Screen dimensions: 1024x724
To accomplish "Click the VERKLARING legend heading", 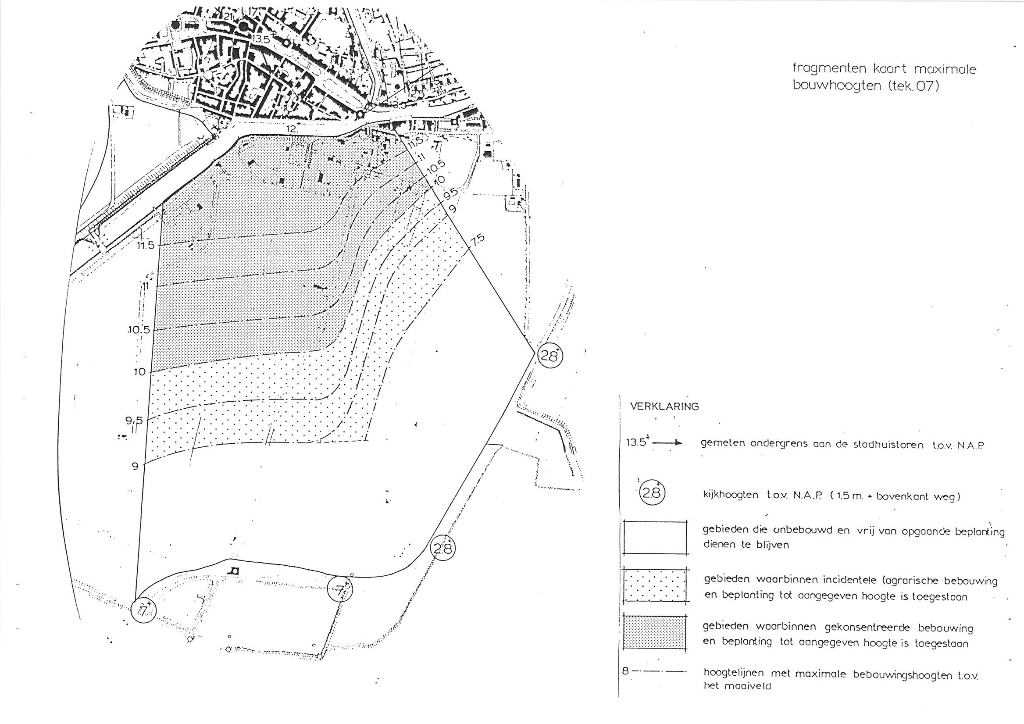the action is pyautogui.click(x=664, y=407).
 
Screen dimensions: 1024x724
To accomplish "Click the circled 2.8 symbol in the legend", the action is pyautogui.click(x=652, y=493).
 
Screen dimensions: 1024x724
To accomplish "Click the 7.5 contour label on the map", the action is pyautogui.click(x=476, y=239).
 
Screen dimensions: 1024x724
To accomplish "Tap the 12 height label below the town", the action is pyautogui.click(x=292, y=128).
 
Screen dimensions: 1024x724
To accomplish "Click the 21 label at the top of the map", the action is pyautogui.click(x=229, y=17).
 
